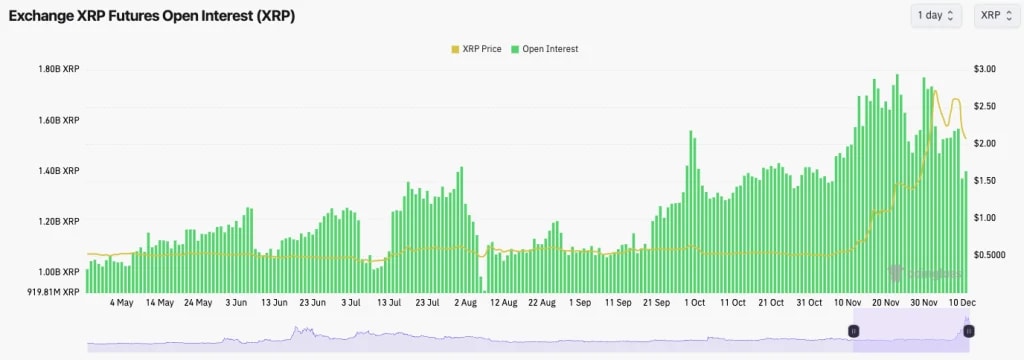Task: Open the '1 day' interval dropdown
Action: (936, 15)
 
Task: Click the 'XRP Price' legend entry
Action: (476, 48)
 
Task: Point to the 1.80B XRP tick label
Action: (57, 69)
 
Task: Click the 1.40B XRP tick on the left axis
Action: (57, 171)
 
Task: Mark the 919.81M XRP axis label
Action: (54, 292)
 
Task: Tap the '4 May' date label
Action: (121, 302)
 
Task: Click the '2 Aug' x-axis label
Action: (465, 302)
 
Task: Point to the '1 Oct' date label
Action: (695, 302)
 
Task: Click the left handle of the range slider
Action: (854, 330)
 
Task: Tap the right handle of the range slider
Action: (968, 330)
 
